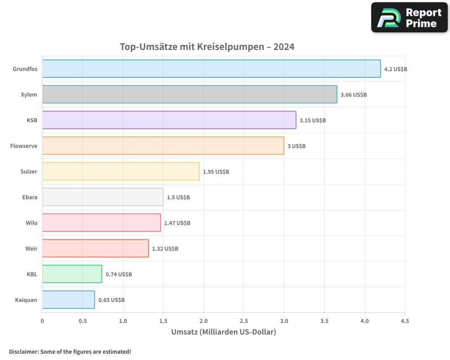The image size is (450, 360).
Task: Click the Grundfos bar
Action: [211, 69]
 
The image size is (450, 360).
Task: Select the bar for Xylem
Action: [189, 94]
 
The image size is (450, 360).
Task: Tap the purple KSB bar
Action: [169, 120]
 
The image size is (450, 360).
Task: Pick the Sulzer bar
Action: [121, 171]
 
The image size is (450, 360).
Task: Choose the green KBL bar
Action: [72, 274]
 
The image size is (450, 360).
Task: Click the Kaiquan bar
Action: [68, 300]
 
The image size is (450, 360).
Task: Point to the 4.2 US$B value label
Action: [396, 69]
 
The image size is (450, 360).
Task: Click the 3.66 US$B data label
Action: [354, 95]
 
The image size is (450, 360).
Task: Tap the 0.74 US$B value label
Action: [119, 274]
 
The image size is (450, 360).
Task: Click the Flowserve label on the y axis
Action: [24, 146]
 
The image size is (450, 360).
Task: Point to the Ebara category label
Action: [30, 197]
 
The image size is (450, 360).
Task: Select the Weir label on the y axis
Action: [31, 248]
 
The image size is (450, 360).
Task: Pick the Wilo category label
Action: [31, 223]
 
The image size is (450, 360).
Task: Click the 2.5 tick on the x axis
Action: [244, 321]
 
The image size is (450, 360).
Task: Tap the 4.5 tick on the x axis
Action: [405, 321]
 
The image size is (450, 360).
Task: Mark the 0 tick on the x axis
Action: [42, 321]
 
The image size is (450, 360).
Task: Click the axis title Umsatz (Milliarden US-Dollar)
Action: [224, 332]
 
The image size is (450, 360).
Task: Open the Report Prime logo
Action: [409, 18]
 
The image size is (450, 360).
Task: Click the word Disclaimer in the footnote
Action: [23, 352]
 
